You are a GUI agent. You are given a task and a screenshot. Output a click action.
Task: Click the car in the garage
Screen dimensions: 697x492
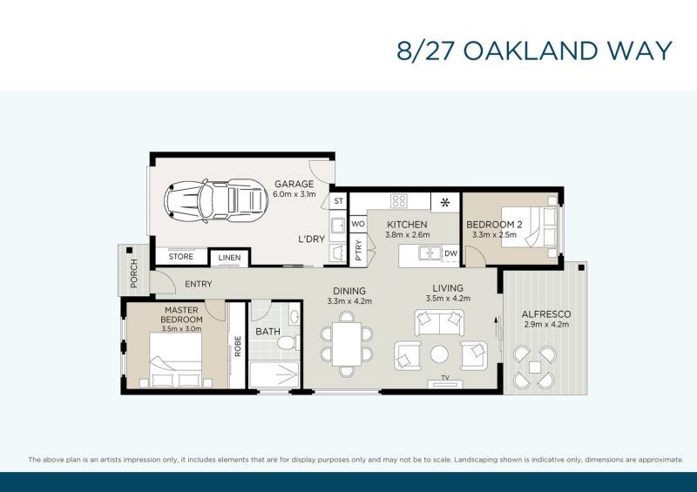(216, 201)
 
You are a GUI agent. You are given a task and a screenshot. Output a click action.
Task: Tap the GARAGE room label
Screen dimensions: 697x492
(294, 184)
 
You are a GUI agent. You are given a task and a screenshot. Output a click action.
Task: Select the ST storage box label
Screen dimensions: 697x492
(339, 201)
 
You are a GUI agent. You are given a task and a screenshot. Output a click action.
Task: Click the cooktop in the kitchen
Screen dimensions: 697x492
(399, 201)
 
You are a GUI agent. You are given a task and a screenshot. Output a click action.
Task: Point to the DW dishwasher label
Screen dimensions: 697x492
(450, 253)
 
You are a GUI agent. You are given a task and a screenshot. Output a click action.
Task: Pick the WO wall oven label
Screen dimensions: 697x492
(358, 224)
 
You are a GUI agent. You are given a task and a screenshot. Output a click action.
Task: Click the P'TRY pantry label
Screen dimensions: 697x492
(358, 250)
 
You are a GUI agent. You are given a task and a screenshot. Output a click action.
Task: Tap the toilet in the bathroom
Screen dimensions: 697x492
(288, 343)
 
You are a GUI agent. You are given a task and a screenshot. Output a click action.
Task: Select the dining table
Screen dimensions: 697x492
(347, 345)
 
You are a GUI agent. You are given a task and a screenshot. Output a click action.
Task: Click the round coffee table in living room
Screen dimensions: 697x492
(439, 354)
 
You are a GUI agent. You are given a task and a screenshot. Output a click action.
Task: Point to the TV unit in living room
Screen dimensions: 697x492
(445, 384)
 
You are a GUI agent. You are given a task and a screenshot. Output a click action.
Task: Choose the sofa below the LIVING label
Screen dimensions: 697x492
(439, 323)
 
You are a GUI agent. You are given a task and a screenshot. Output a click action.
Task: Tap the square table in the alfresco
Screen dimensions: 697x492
(535, 367)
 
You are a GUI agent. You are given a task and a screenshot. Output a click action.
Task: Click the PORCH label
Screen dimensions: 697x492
(134, 273)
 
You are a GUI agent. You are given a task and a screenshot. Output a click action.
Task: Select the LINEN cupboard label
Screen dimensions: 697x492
(229, 258)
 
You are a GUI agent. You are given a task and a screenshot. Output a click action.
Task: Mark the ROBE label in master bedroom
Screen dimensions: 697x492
(238, 347)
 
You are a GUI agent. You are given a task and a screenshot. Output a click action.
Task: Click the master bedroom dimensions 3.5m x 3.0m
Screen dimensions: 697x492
(181, 329)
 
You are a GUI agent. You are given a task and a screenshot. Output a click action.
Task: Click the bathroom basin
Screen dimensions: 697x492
(294, 316)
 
